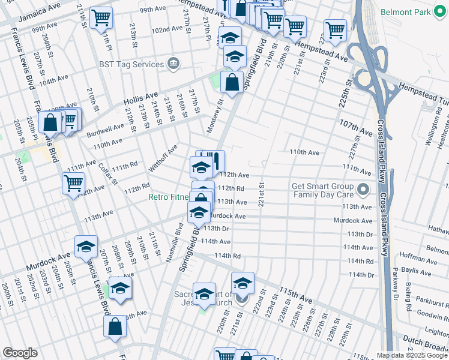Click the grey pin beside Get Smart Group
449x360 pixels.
pos(363,190)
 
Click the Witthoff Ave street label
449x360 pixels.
pos(164,157)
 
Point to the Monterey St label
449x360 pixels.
pos(218,112)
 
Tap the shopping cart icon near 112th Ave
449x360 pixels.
pos(73,182)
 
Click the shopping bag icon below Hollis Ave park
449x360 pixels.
pos(232,82)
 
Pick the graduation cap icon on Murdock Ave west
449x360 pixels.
pos(86,246)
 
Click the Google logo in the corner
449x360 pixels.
pos(20,353)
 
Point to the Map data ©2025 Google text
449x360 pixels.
pos(411,355)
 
